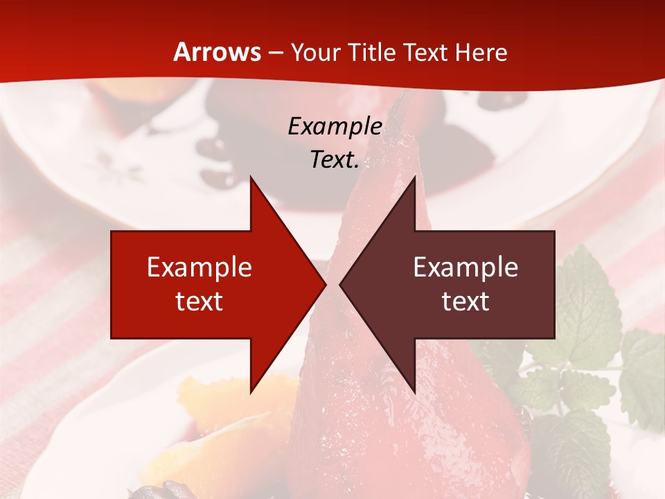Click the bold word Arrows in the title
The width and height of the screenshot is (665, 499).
pyautogui.click(x=218, y=52)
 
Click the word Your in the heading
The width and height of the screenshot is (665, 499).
pyautogui.click(x=316, y=53)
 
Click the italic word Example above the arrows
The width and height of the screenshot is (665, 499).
pyautogui.click(x=335, y=126)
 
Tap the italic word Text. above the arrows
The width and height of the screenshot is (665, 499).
pyautogui.click(x=335, y=160)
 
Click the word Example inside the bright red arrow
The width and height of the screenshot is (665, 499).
pyautogui.click(x=199, y=268)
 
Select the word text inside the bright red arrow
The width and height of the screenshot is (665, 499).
pyautogui.click(x=199, y=301)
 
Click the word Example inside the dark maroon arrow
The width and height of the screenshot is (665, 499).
pyautogui.click(x=465, y=268)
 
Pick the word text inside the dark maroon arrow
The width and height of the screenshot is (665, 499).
pyautogui.click(x=465, y=301)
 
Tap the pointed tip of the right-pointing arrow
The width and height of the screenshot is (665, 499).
pyautogui.click(x=326, y=284)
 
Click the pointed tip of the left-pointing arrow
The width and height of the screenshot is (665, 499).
pyautogui.click(x=340, y=284)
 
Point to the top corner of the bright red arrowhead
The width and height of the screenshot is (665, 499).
pyautogui.click(x=251, y=177)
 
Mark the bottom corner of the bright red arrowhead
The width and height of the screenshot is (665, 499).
pyautogui.click(x=251, y=392)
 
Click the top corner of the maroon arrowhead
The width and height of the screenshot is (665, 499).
pyautogui.click(x=414, y=177)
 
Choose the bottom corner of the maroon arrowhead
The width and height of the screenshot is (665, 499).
pyautogui.click(x=414, y=392)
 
